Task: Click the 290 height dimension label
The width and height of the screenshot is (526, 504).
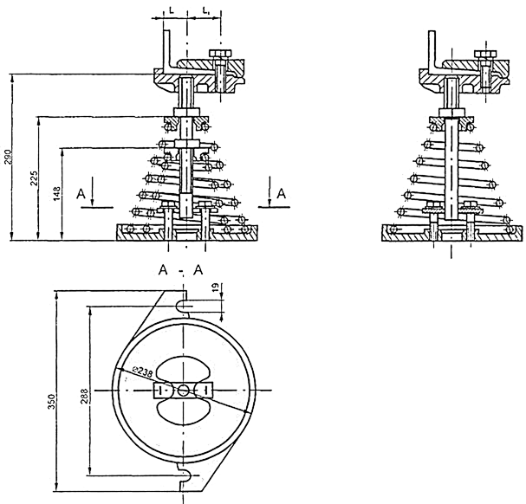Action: [9, 157]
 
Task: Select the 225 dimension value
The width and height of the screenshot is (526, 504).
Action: [34, 178]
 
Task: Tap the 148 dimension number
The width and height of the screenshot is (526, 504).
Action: [57, 194]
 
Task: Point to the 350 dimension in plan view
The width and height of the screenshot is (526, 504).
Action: [51, 402]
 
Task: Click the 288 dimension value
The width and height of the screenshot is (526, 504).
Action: [84, 396]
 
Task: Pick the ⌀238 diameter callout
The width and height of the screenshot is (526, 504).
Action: [143, 372]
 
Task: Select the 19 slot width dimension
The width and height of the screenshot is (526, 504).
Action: [216, 287]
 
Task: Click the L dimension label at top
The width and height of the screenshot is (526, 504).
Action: [172, 10]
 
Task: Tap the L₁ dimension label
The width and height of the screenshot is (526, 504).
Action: [206, 10]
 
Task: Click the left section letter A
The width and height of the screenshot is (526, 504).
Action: [81, 194]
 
